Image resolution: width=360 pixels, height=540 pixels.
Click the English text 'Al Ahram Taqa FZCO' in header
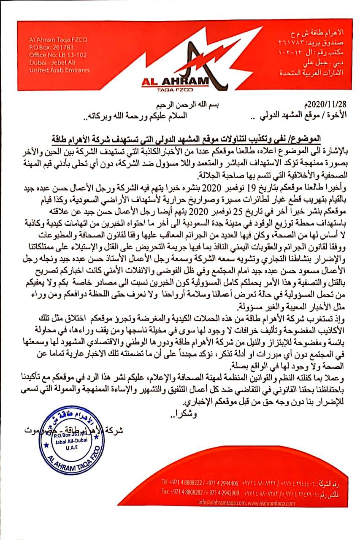click(x=58, y=40)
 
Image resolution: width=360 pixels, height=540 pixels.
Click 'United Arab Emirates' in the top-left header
click(x=59, y=70)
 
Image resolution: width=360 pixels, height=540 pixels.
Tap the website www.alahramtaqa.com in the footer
click(x=271, y=503)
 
